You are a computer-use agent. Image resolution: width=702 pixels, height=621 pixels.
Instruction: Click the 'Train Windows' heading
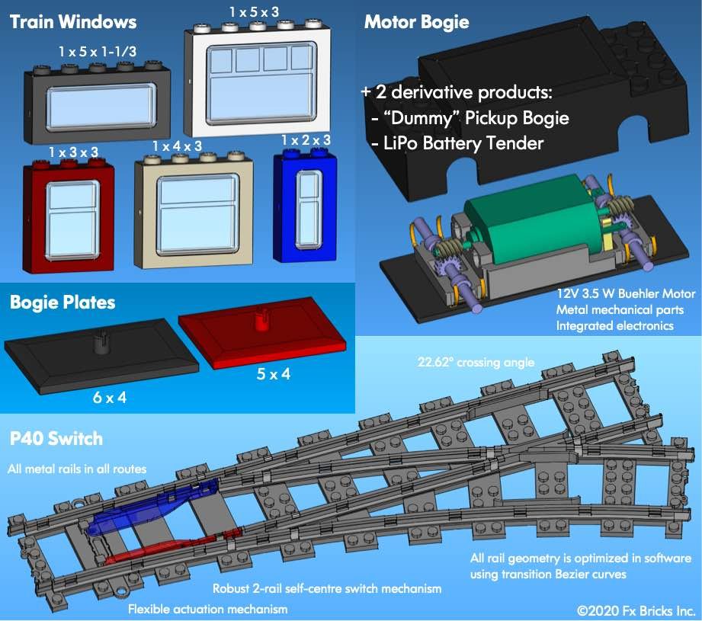(x=73, y=21)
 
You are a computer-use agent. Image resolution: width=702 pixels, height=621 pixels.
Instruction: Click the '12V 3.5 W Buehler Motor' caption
(x=615, y=293)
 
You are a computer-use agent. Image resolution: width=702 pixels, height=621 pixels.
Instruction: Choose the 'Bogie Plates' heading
(x=63, y=302)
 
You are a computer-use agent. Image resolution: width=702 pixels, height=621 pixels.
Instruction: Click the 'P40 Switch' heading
(x=56, y=440)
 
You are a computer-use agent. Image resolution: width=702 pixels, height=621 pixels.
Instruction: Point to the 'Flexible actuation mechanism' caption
(x=197, y=609)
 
